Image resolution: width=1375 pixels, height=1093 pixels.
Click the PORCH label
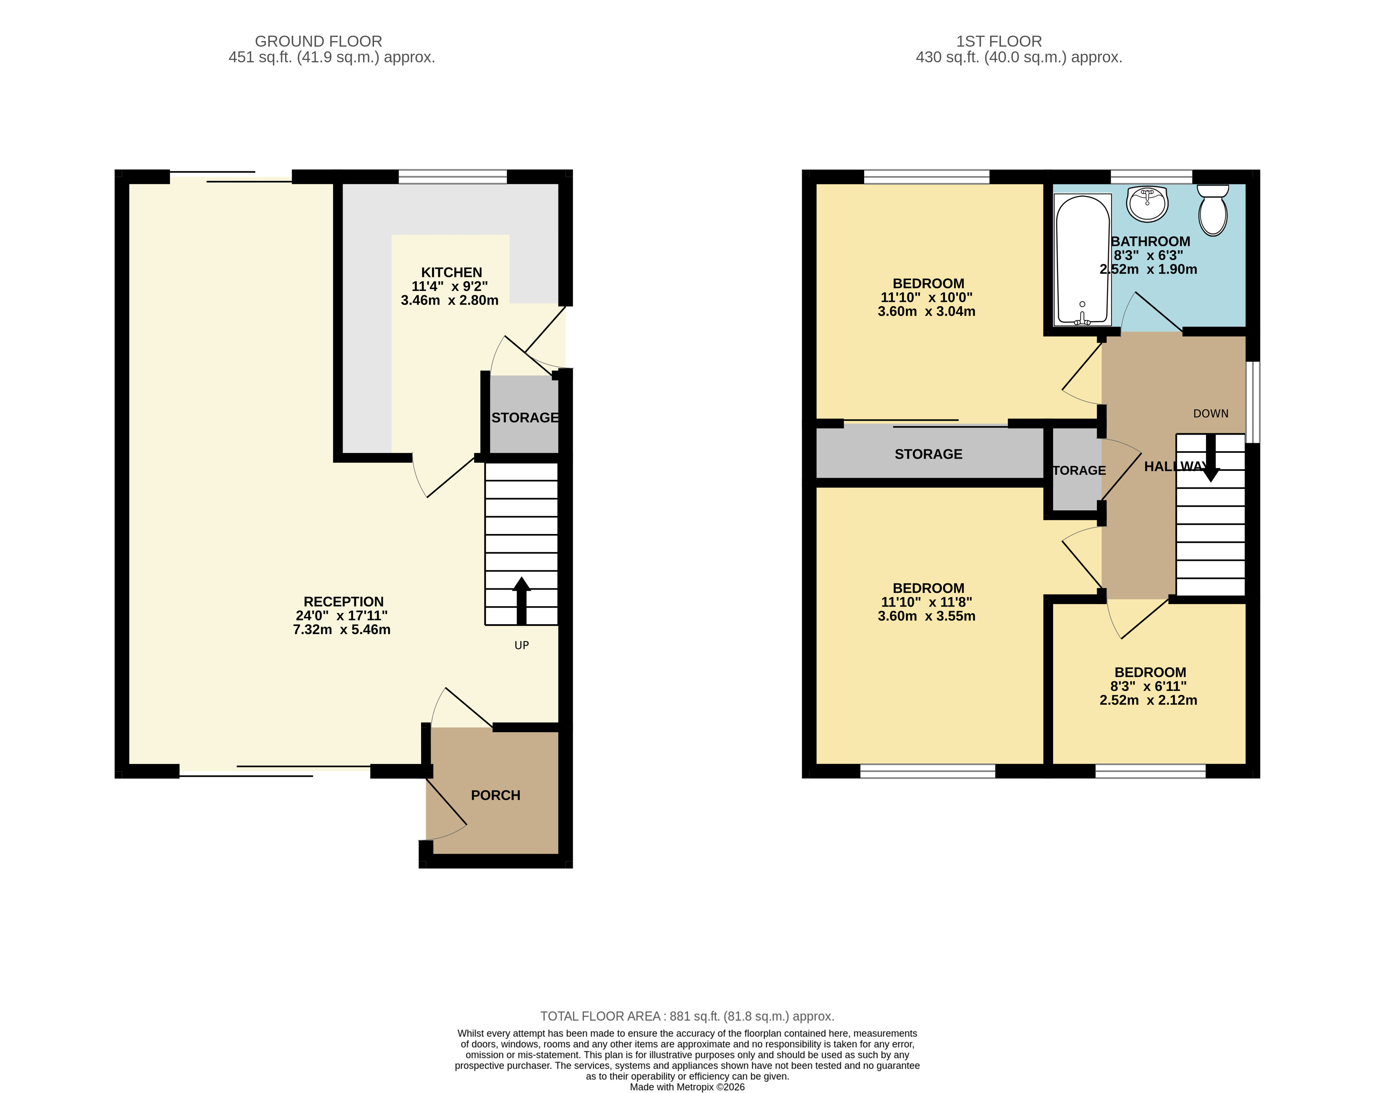pyautogui.click(x=496, y=795)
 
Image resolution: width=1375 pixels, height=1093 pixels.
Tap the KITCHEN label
pyautogui.click(x=452, y=272)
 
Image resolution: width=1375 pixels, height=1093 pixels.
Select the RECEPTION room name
pyautogui.click(x=344, y=602)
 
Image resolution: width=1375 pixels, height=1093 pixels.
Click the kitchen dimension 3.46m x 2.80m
pyautogui.click(x=450, y=300)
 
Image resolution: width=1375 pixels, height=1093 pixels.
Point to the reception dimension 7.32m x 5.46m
pyautogui.click(x=342, y=629)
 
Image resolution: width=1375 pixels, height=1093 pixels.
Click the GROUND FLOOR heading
pyautogui.click(x=318, y=42)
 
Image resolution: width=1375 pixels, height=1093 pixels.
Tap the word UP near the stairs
pyautogui.click(x=522, y=645)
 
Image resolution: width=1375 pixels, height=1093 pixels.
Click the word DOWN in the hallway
pyautogui.click(x=1210, y=414)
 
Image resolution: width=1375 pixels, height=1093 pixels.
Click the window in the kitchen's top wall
pyautogui.click(x=453, y=177)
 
